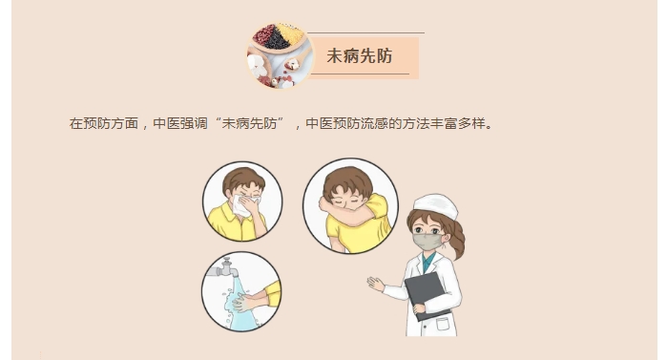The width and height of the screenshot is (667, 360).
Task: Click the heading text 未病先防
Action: (x=360, y=55)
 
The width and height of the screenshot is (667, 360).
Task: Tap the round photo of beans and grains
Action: (x=280, y=55)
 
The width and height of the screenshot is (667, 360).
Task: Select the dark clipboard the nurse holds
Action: (x=427, y=296)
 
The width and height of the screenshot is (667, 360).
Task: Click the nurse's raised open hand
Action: (x=376, y=284)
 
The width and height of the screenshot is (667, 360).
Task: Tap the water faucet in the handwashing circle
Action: (x=223, y=268)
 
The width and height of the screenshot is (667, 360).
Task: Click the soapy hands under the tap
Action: (x=246, y=301)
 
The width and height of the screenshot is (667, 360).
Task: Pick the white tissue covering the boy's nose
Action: (x=244, y=205)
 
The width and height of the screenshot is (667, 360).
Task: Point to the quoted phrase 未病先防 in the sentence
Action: (x=249, y=123)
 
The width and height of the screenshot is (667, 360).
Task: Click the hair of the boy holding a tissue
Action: (x=243, y=179)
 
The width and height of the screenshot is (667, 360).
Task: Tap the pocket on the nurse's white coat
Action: (x=443, y=325)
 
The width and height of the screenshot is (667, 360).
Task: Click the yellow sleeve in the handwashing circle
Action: (x=273, y=293)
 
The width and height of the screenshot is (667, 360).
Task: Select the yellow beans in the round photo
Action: (x=290, y=33)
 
